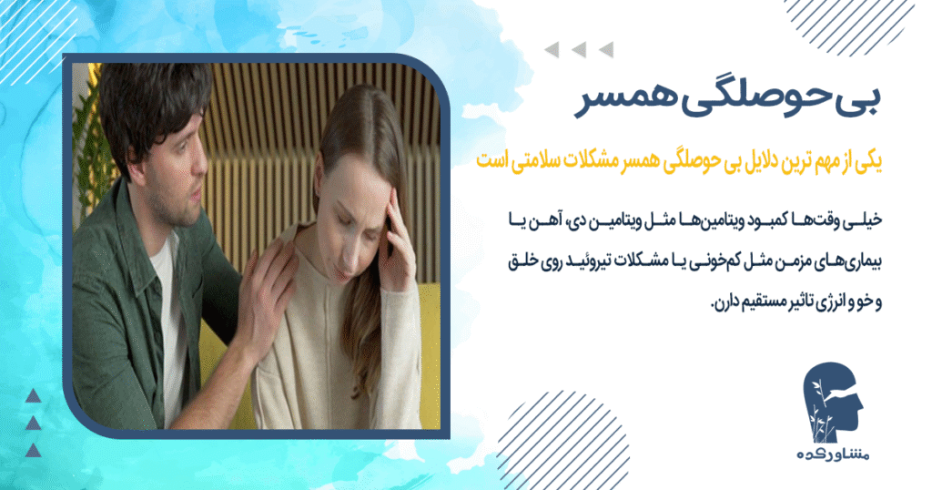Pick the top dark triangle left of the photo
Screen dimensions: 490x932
(x=33, y=394)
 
